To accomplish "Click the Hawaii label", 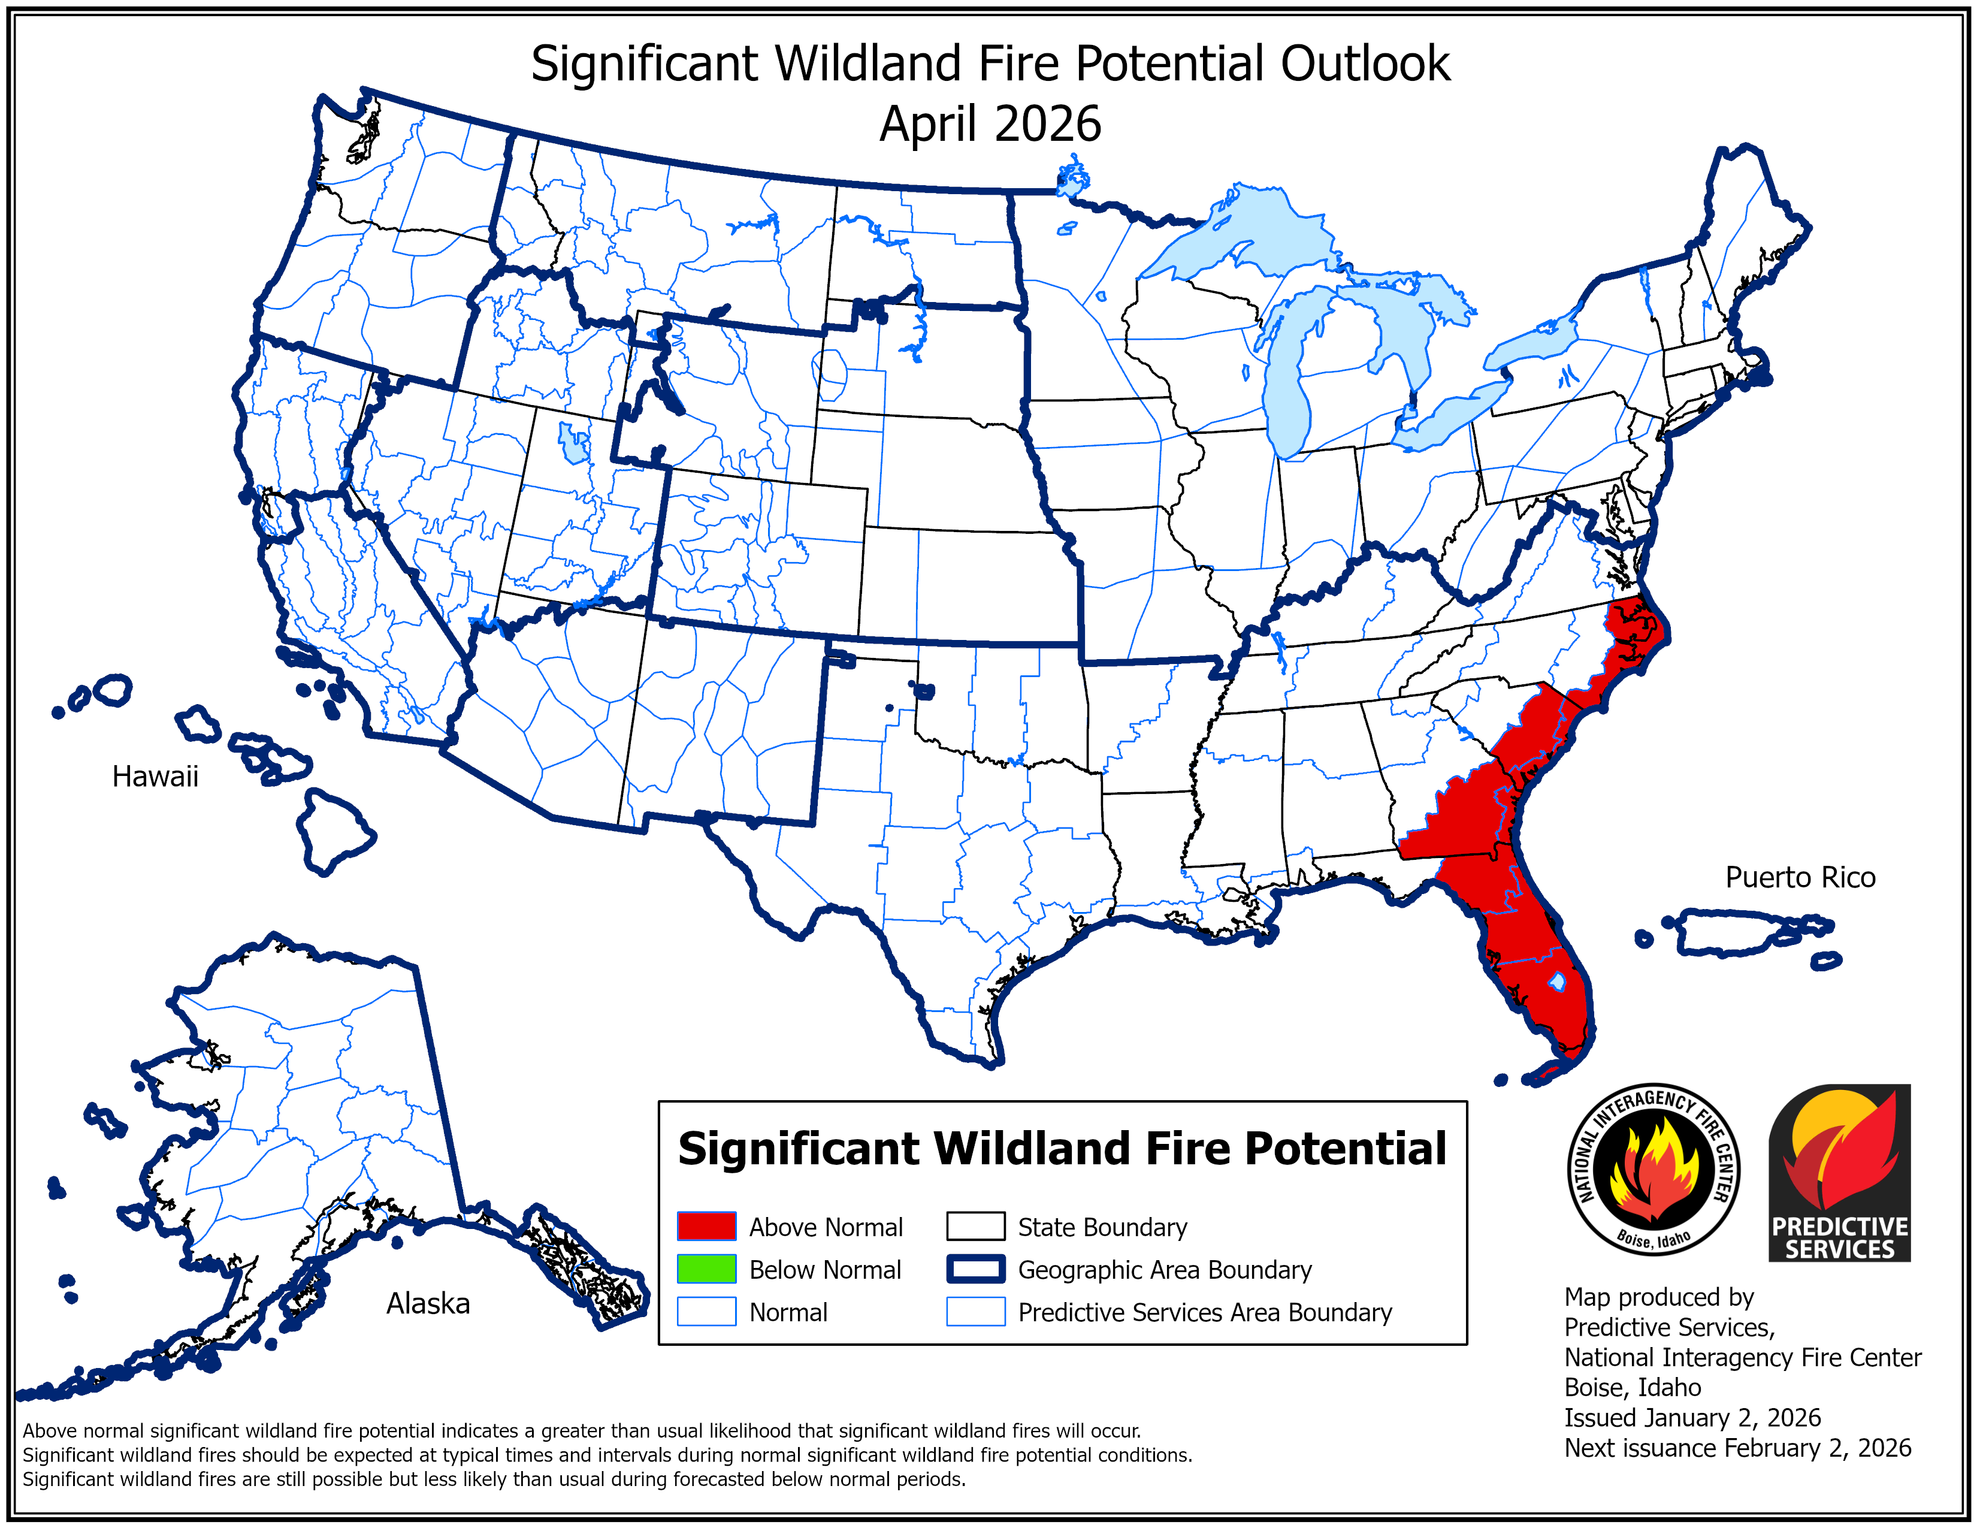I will (155, 776).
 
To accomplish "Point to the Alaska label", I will (428, 1303).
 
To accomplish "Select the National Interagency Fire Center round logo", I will (1653, 1168).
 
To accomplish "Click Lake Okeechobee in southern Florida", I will (1557, 980).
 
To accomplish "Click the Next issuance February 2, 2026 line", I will (1737, 1448).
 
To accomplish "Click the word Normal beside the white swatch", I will (788, 1312).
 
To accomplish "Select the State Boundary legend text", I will (1102, 1227).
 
